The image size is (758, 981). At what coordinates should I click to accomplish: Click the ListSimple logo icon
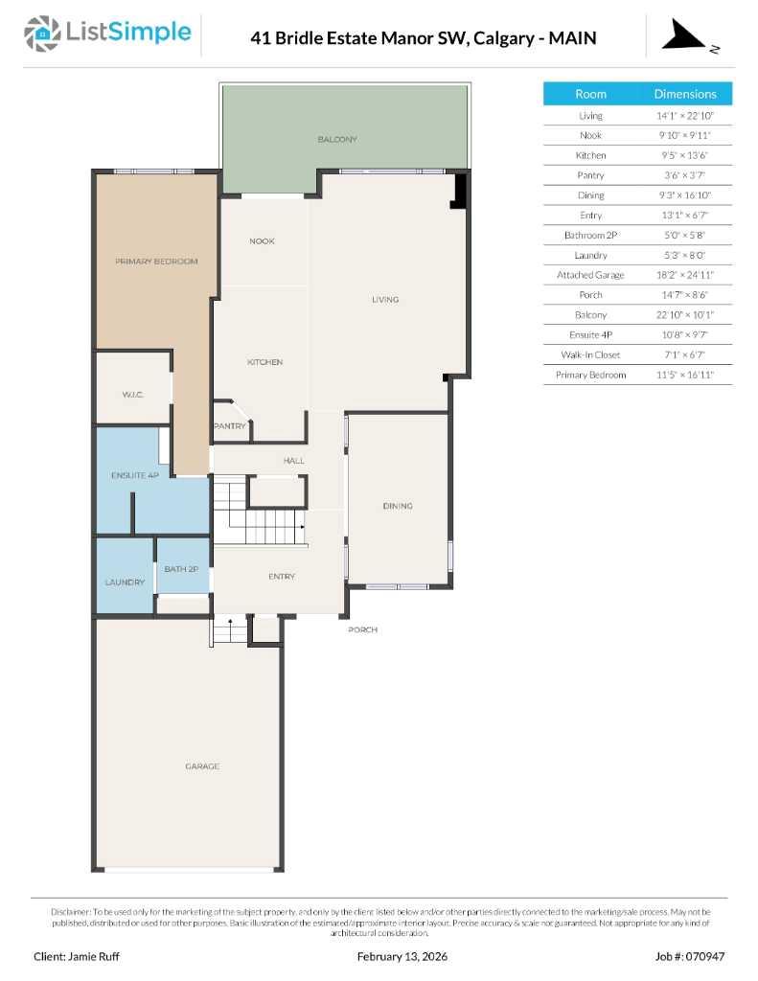tap(41, 34)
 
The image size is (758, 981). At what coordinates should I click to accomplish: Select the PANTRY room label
tap(230, 426)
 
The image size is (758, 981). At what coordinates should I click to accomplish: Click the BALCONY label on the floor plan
tap(337, 140)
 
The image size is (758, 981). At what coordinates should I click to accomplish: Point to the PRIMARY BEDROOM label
tap(156, 262)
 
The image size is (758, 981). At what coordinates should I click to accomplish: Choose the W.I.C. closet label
tap(132, 394)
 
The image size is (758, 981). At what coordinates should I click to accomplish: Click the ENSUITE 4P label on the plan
tap(134, 475)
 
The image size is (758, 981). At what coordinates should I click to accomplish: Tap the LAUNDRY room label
tap(125, 582)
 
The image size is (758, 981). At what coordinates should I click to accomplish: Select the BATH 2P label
tap(181, 569)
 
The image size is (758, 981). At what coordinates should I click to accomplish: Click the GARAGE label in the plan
tap(202, 766)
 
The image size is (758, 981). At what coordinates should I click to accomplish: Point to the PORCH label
tap(362, 629)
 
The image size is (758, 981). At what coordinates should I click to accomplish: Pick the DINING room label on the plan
tap(397, 506)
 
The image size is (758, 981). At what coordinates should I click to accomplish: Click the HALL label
tap(293, 461)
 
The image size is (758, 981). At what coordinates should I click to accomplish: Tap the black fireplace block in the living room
tap(459, 190)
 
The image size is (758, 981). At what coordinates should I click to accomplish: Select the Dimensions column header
tap(684, 94)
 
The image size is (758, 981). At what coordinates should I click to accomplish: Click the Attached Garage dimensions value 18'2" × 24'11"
tap(684, 275)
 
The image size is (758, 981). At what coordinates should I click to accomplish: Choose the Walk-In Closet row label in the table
tap(590, 355)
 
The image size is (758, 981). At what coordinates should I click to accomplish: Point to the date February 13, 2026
tap(402, 956)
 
